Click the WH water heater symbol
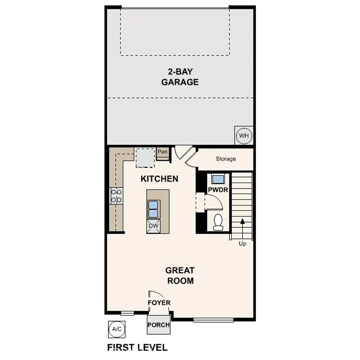244,135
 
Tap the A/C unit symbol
116,329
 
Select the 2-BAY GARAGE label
180,77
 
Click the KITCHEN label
159,179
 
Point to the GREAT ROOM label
180,276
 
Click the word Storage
226,159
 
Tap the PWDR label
218,190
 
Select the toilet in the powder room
218,222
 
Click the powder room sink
218,179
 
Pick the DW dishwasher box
153,225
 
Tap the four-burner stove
116,196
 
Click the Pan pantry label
162,152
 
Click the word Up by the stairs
243,244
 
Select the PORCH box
159,324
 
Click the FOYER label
159,303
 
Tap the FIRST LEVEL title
137,348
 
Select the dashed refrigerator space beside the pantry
145,158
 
